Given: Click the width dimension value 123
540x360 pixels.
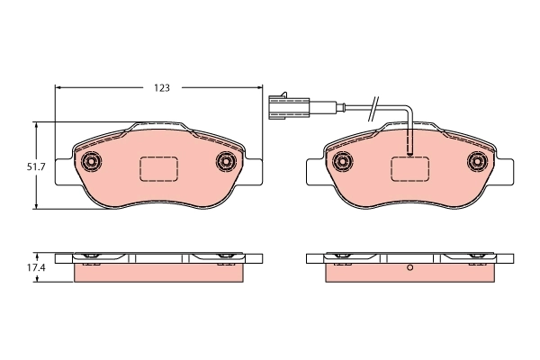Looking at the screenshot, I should [x=161, y=88].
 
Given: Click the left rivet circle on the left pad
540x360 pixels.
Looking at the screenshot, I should [x=90, y=162].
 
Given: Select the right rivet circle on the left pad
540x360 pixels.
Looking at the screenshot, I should [x=226, y=162].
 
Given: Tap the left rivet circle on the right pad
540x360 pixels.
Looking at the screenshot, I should [x=341, y=162].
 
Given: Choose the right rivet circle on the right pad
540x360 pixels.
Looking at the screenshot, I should [x=478, y=162].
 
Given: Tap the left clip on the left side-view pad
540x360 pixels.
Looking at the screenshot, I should [x=90, y=258].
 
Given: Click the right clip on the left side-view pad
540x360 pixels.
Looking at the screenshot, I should [x=225, y=258].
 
